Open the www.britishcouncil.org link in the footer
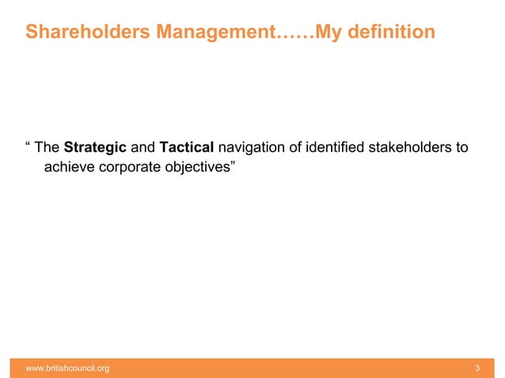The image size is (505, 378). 67,368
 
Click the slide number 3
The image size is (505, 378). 477,368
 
